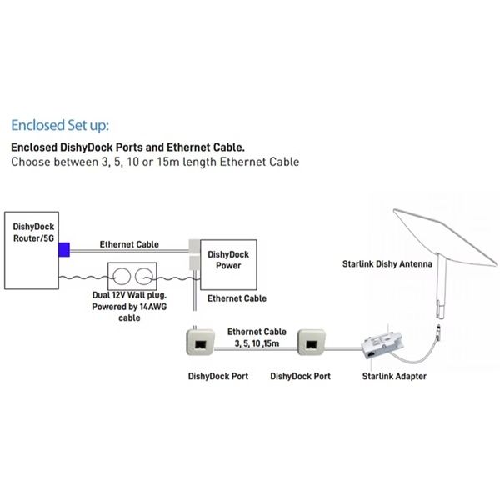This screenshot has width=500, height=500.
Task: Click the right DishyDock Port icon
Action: click(311, 341)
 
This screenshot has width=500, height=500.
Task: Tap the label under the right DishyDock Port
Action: click(301, 376)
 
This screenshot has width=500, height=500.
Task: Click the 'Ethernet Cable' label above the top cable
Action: click(129, 244)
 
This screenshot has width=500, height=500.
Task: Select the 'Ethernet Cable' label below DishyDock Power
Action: click(237, 297)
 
